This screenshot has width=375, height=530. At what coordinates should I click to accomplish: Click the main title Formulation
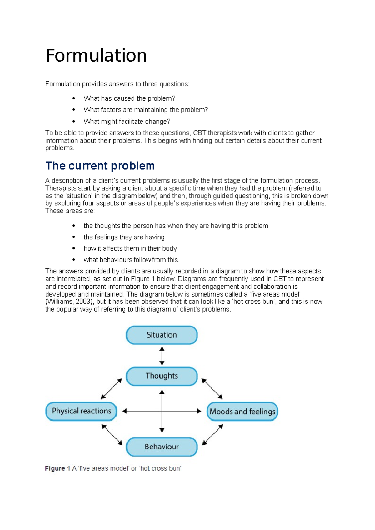coord(96,56)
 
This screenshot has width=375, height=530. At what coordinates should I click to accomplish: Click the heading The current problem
coord(100,166)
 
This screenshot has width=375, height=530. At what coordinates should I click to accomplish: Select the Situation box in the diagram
coord(162,335)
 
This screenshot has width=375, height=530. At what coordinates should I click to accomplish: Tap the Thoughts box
coord(162,376)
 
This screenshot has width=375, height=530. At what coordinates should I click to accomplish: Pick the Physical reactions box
coord(81,411)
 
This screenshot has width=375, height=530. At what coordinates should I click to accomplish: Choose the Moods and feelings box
coord(242,411)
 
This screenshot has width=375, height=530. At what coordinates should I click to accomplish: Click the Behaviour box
coord(162,447)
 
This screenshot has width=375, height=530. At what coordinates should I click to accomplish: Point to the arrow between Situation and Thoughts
coord(162,356)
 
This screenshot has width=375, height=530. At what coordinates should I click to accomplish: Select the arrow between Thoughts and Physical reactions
coord(111,389)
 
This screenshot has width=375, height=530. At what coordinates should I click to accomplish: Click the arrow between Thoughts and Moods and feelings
coord(212,389)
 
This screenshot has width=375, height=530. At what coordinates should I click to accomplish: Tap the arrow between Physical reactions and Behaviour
coord(112,435)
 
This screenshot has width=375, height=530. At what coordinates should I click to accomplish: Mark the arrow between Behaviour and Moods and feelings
coord(212,435)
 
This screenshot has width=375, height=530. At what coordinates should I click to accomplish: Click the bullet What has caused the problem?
coord(129,98)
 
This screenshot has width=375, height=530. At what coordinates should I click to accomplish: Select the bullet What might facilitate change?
coord(127,121)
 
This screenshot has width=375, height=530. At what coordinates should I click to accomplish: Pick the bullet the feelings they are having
coord(124,237)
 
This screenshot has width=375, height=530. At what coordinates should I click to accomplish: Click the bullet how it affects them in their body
coord(130,248)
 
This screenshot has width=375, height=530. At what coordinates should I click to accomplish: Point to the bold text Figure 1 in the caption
coord(57,468)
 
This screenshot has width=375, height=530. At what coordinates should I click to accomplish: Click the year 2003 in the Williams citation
coord(83,302)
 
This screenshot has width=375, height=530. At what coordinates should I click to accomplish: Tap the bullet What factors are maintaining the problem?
coord(145,110)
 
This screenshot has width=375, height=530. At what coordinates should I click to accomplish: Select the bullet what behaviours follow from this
coord(131,260)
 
